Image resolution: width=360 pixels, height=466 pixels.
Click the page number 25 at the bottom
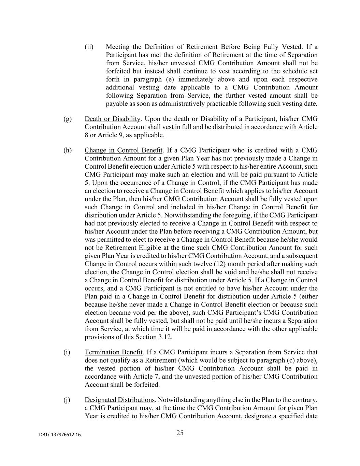180,433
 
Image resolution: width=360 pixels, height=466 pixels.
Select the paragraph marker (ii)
89,47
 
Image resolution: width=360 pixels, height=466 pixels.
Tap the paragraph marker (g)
68,119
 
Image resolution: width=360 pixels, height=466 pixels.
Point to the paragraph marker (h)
68,150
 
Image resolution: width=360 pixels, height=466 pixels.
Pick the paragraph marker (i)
67,352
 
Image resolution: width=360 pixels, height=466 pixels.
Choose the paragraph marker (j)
67,400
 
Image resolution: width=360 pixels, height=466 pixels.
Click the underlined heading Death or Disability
113,119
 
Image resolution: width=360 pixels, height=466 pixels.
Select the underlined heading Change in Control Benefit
124,150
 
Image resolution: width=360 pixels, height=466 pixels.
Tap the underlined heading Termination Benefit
114,352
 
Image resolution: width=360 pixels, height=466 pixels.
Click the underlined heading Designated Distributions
119,400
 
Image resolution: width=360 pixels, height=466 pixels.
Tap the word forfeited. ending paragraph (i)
147,384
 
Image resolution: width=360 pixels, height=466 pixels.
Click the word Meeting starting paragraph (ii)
116,47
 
